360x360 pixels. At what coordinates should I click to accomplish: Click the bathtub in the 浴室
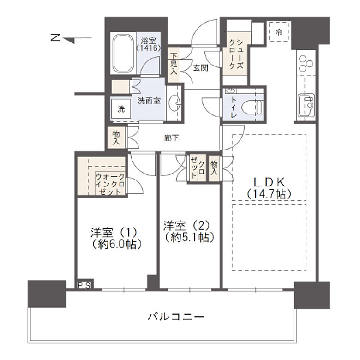click(123, 54)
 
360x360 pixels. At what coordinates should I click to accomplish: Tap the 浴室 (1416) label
click(149, 44)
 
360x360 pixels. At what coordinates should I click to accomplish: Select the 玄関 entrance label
click(200, 68)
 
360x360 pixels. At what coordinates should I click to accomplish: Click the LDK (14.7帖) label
click(269, 187)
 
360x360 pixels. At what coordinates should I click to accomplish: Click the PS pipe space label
click(84, 285)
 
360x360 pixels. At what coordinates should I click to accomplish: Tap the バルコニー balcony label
click(176, 317)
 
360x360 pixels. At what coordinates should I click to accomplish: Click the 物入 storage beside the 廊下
click(115, 138)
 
